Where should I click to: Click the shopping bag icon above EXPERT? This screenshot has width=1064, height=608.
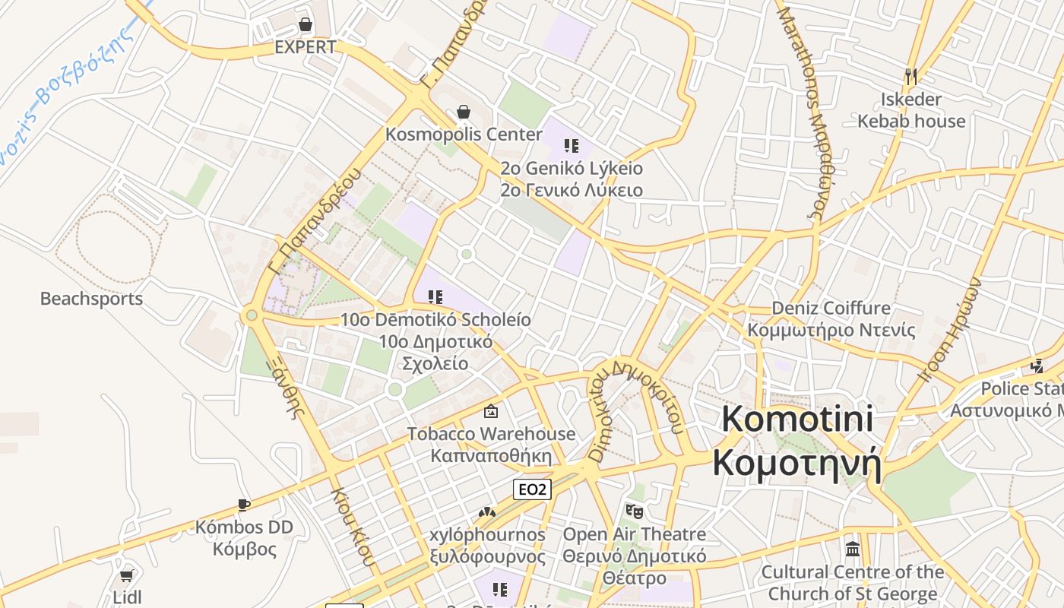[306, 25]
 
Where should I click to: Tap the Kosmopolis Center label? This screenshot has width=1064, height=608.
[464, 135]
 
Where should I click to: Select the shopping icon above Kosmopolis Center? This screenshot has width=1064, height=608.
[464, 112]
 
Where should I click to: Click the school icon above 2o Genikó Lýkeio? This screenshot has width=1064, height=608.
[572, 146]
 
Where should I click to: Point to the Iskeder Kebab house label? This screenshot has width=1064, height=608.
[911, 110]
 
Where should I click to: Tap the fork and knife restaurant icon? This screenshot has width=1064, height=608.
[911, 76]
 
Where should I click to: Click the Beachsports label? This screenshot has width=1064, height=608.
[91, 299]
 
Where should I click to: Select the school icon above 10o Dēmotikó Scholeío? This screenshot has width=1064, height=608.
[435, 296]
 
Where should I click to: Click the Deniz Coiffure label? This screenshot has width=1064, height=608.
[831, 308]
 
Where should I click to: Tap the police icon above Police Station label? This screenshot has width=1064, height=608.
[1037, 366]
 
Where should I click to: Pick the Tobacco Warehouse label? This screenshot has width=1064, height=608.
[491, 434]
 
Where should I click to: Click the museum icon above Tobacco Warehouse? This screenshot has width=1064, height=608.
[491, 411]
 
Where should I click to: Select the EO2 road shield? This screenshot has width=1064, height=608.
[532, 489]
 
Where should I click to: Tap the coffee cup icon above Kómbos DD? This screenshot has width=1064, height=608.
[243, 505]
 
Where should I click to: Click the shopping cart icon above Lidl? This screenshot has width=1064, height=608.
[127, 576]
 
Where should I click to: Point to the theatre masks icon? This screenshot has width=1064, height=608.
[634, 511]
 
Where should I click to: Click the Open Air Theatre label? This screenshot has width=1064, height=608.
[634, 534]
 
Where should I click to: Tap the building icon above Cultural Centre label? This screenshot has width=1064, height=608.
[853, 549]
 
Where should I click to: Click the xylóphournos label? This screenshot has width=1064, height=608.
[487, 535]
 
